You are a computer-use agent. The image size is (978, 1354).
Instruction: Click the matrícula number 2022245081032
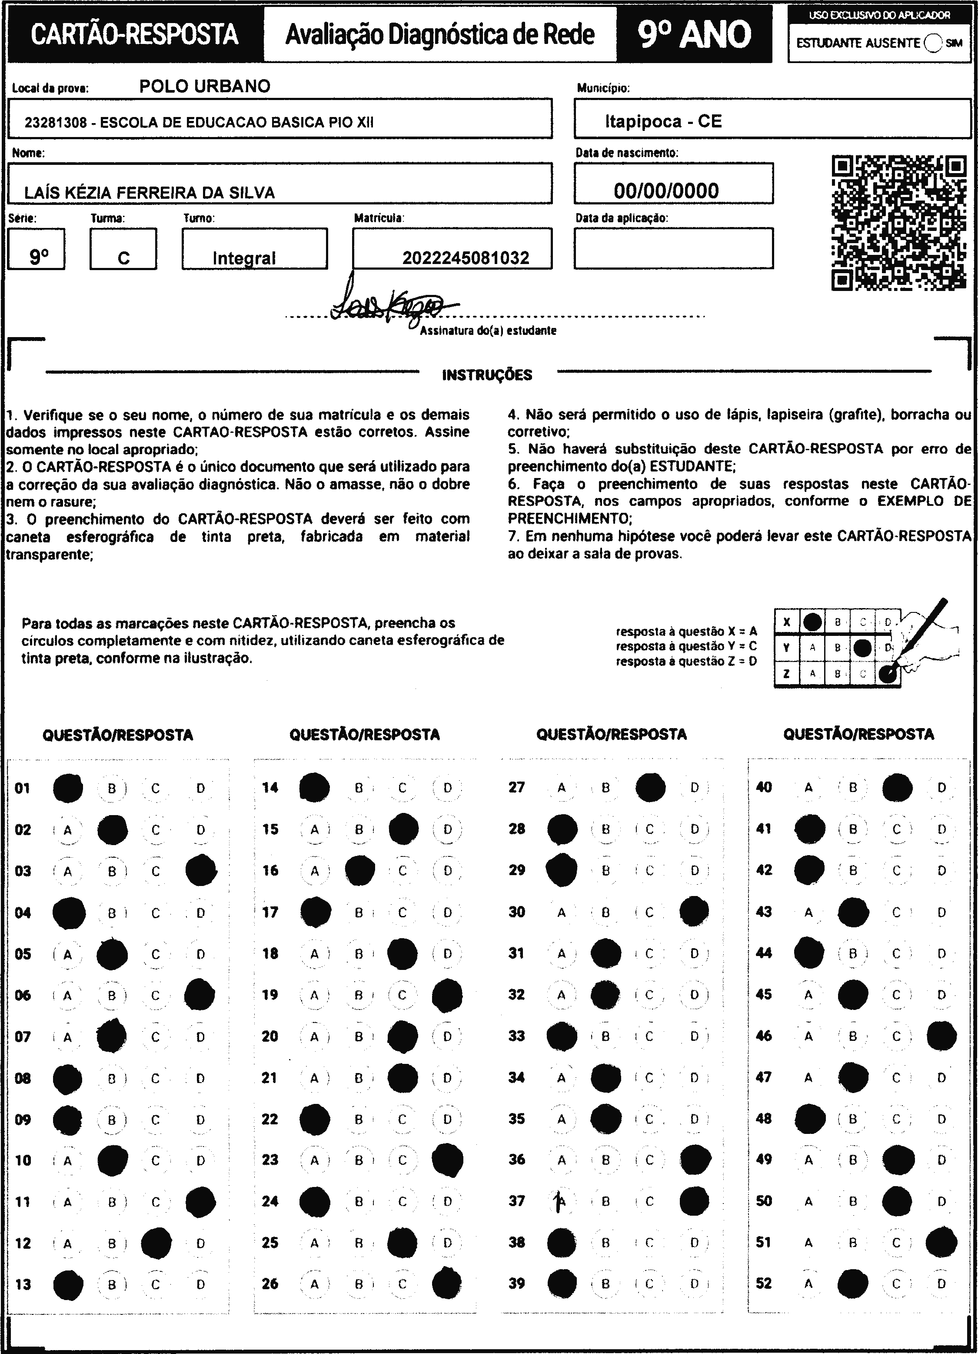coord(466,258)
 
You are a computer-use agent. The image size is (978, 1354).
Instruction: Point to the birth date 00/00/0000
coord(666,191)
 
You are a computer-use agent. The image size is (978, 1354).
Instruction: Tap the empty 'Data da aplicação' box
coord(673,248)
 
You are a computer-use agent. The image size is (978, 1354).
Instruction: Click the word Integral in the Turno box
coord(244,258)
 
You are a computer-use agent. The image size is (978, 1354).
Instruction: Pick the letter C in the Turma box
coord(123,258)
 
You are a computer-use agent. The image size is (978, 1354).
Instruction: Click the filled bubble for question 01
coord(67,788)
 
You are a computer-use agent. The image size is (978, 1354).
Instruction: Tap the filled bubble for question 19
coord(447,995)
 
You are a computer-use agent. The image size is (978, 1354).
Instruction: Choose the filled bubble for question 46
coord(941,1036)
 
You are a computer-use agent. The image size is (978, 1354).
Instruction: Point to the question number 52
coord(764,1283)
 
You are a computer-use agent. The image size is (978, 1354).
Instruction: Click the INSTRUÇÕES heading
coord(487,375)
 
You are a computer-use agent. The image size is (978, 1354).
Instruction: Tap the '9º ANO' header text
coord(694,35)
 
